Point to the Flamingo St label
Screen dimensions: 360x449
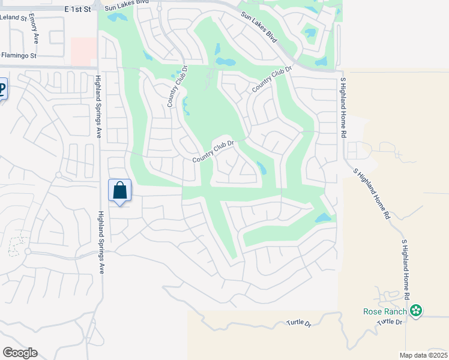click(x=19, y=55)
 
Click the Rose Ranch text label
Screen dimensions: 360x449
click(x=385, y=311)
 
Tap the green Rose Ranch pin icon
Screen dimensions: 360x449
click(x=416, y=311)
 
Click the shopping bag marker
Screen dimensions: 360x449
click(x=120, y=190)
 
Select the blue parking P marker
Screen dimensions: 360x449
click(x=2, y=90)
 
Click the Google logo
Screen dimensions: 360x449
click(x=20, y=353)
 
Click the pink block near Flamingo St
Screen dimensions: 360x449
click(x=83, y=52)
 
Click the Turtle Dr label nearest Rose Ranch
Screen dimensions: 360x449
click(x=389, y=322)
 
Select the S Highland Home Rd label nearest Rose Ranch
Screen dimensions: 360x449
click(x=405, y=269)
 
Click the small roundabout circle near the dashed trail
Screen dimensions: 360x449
click(x=28, y=251)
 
